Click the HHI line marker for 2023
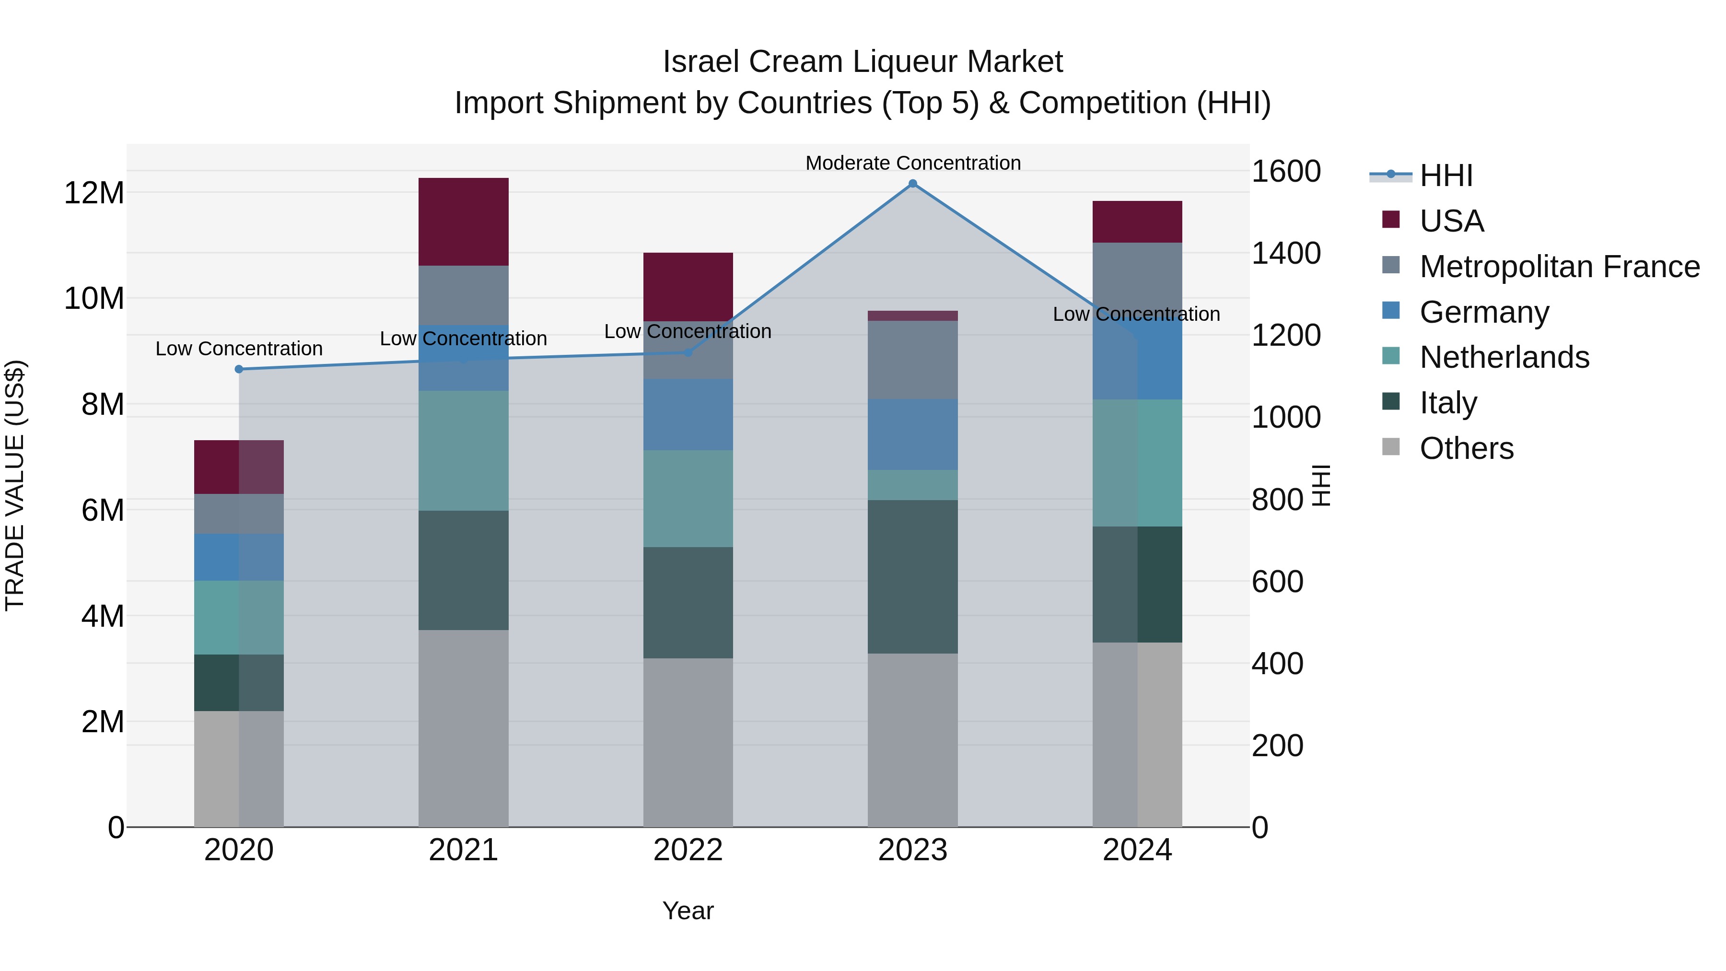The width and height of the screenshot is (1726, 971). [912, 184]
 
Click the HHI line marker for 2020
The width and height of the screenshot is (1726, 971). [239, 369]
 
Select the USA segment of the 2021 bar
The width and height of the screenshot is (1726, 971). [463, 222]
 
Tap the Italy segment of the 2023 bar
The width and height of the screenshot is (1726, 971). [912, 576]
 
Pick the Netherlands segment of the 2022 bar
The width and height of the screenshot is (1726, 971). [688, 499]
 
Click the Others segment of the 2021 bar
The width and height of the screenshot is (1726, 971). [463, 728]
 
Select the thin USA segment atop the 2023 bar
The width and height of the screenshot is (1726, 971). [912, 316]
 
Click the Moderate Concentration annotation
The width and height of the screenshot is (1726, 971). [912, 163]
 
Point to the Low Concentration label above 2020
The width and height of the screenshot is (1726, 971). [239, 349]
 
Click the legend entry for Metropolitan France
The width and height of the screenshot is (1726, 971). [1559, 267]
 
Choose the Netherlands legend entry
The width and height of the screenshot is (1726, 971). [1504, 357]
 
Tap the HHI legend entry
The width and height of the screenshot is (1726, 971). [1446, 175]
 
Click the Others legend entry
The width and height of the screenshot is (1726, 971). [1466, 448]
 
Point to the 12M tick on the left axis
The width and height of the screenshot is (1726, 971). [94, 193]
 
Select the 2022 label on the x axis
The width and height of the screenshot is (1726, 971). [688, 850]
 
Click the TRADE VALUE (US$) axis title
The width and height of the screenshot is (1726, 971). [15, 485]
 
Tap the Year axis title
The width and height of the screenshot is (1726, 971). [688, 911]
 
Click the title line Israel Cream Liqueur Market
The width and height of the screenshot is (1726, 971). [863, 62]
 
